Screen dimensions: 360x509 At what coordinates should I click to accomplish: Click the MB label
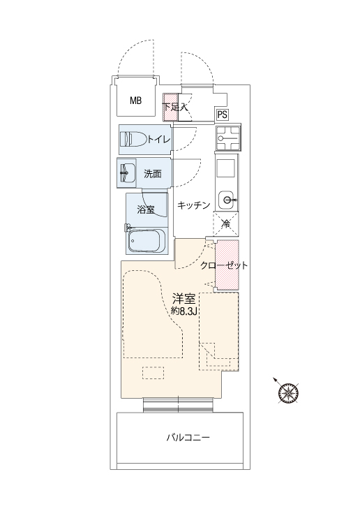[136, 101]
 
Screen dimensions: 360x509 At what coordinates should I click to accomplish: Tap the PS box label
[223, 115]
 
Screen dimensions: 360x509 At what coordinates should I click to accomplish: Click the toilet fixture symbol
[133, 139]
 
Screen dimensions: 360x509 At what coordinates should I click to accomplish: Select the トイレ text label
[159, 140]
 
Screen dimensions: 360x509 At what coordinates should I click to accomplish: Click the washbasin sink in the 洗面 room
[128, 172]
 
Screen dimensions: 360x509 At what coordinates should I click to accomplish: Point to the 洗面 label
[153, 174]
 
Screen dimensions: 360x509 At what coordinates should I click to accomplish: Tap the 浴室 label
[146, 209]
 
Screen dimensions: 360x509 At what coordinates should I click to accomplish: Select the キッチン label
[194, 205]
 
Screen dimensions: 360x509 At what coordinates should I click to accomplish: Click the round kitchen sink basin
[226, 200]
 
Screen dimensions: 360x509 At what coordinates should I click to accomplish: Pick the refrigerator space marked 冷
[226, 223]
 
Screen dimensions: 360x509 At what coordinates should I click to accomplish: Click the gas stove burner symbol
[228, 138]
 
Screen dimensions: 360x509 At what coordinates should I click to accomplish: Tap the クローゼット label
[224, 265]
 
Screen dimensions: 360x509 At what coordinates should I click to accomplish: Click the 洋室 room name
[183, 299]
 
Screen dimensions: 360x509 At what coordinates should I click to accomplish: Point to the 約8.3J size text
[184, 311]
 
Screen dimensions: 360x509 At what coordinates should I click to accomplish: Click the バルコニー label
[188, 438]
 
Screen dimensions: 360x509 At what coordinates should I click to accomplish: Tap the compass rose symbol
[288, 392]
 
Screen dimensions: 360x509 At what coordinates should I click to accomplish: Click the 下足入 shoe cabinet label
[175, 107]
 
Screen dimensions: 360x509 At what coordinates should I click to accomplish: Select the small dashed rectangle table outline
[153, 373]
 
